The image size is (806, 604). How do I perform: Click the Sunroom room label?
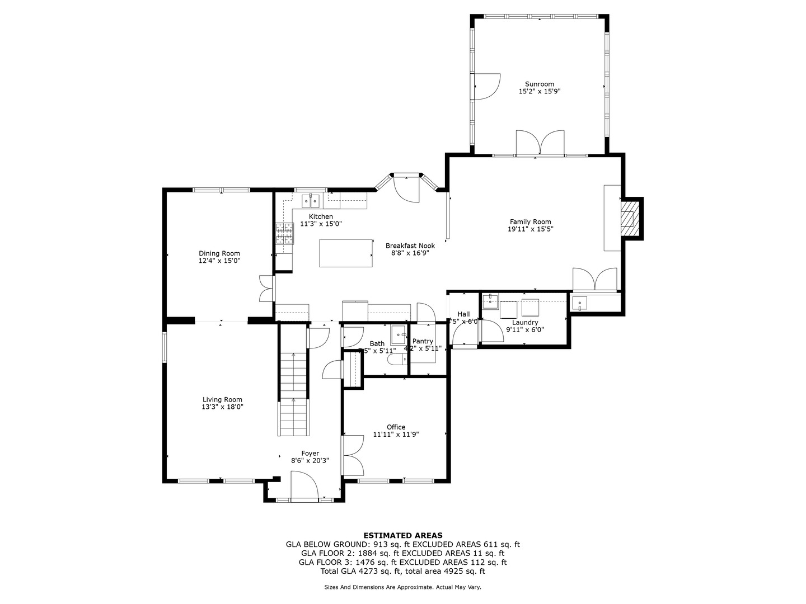point(539,84)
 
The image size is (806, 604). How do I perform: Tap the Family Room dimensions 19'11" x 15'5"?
point(530,229)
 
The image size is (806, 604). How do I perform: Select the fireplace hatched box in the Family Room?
point(630,218)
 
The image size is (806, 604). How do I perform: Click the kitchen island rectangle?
point(346,253)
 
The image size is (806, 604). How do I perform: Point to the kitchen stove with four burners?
point(284,233)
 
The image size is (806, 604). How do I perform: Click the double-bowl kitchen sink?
point(310,200)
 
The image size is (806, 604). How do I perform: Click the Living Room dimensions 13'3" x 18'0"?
point(222,407)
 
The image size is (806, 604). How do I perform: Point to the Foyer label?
point(310,454)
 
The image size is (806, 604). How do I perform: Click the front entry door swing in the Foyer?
point(304,485)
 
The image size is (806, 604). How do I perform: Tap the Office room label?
point(396,427)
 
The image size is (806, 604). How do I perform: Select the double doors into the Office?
point(353,454)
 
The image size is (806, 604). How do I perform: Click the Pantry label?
point(423,341)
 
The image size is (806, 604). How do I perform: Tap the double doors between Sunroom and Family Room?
point(540,143)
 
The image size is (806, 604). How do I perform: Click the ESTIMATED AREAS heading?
point(402,535)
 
